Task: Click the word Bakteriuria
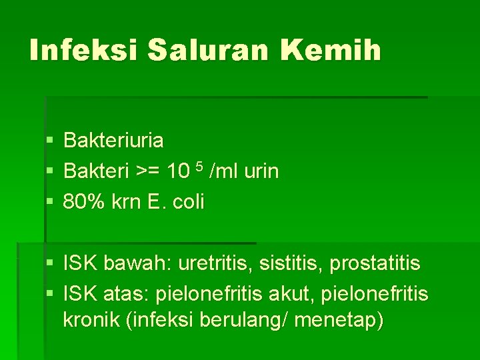click(113, 141)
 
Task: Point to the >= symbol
click(149, 172)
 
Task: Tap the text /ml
click(223, 172)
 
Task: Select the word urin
click(261, 172)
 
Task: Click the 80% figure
click(81, 202)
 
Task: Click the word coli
click(189, 202)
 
